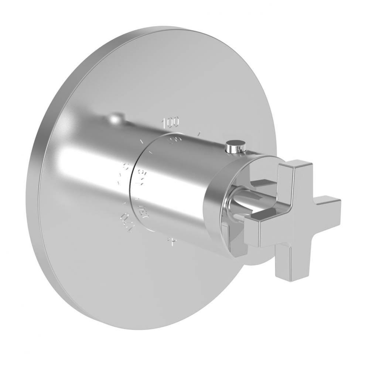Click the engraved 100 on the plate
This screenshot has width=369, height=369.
[x=171, y=121]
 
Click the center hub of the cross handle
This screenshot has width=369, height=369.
[x=292, y=218]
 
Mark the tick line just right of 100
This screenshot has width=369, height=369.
[x=199, y=134]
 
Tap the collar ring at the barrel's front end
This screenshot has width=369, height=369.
[x=218, y=207]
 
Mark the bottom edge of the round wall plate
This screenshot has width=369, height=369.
[x=155, y=328]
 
